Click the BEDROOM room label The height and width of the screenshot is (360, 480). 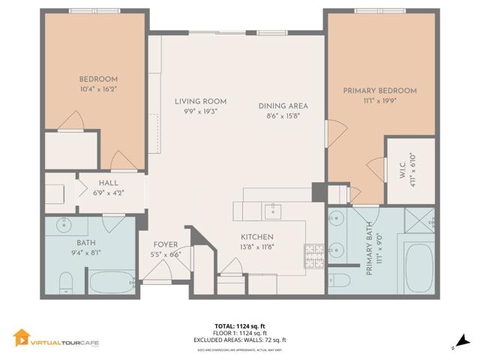click(x=98, y=79)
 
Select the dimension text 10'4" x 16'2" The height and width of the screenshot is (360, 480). click(x=98, y=88)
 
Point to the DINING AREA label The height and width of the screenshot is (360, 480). click(x=283, y=106)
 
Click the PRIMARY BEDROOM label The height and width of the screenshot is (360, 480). click(x=379, y=91)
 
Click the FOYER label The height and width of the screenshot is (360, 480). click(x=166, y=244)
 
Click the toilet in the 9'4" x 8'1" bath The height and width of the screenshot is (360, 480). click(x=65, y=281)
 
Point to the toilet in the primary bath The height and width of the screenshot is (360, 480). click(x=339, y=280)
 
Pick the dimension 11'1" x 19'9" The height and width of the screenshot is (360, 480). click(x=379, y=100)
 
